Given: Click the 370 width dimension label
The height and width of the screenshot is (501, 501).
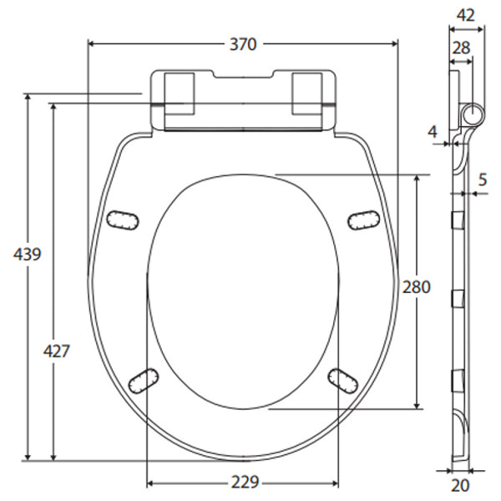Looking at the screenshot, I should click(242, 45).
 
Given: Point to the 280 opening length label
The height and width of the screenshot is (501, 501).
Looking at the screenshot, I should click(415, 287).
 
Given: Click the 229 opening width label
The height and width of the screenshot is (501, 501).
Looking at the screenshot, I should click(243, 482).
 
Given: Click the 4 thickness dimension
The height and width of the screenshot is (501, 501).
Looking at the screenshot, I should click(432, 131).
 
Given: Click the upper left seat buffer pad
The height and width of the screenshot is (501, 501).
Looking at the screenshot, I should click(122, 218).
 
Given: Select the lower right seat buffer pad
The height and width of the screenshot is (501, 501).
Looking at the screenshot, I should click(342, 378).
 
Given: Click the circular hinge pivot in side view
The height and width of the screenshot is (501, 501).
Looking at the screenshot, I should click(472, 114).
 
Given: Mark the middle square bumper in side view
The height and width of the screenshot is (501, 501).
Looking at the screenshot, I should click(456, 298).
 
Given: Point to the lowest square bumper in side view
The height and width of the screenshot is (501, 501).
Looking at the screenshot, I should click(456, 379).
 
